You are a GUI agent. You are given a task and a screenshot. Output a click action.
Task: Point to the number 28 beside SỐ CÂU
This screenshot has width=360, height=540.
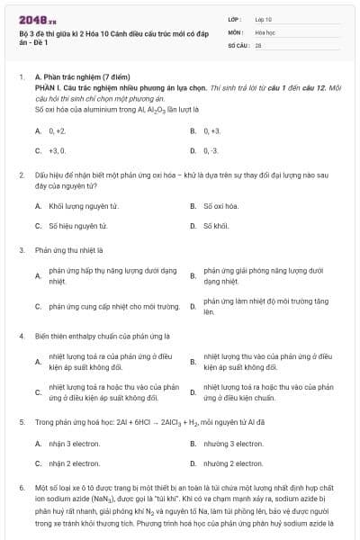[x=258, y=43]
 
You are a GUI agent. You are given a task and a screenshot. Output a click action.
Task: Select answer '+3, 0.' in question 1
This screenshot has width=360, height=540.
[x=57, y=150]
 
